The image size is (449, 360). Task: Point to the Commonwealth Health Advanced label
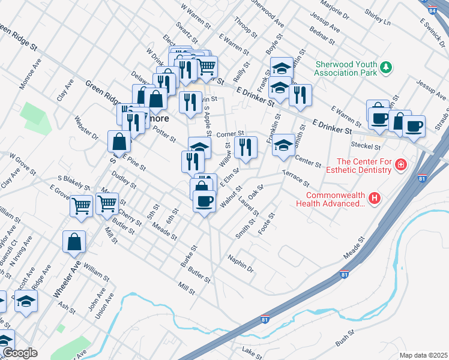335,199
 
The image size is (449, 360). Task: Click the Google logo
19,353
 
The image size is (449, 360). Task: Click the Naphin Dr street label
241,263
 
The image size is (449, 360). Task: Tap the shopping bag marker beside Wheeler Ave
74,242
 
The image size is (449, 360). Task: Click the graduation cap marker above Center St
284,145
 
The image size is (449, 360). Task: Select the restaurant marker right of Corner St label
246,148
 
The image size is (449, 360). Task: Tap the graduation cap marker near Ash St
26,301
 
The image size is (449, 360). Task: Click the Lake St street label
252,350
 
